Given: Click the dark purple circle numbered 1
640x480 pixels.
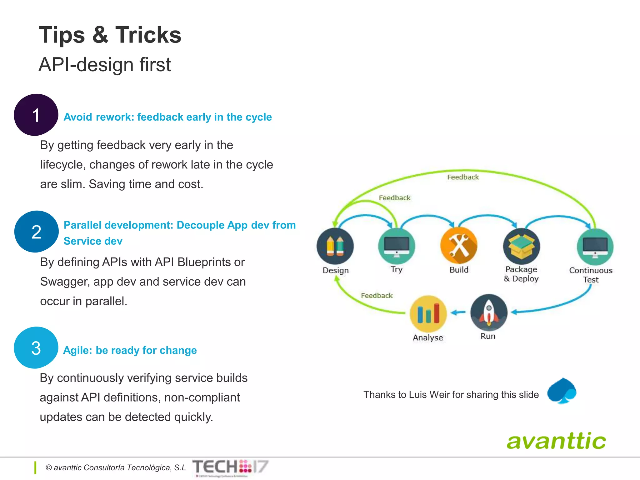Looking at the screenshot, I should coord(36,115).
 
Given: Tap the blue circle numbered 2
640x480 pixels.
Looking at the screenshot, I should coord(36,232).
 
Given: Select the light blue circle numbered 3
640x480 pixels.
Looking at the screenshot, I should coord(36,347).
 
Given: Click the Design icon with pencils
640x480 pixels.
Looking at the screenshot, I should coord(335,246).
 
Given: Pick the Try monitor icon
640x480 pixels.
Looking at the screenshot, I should coord(397,246).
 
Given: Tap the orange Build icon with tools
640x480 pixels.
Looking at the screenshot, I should coord(459,246).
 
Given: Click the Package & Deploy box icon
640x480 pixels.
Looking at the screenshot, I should coord(521,246).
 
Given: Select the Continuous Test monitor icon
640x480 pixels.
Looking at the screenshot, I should coord(595,247).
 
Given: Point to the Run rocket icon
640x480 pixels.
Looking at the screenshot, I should coord(489,312).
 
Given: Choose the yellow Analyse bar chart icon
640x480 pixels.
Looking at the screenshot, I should coord(428,313).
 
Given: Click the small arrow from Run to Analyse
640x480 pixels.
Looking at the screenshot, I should coord(458,312).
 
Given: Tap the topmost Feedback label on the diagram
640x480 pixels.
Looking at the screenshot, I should coord(463,177).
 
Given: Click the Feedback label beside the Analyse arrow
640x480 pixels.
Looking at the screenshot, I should coord(377,296).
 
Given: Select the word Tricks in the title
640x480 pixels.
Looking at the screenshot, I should coord(148,35).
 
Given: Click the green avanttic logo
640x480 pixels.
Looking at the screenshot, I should coord(556,441).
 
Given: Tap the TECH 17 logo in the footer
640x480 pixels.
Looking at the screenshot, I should coord(230,467).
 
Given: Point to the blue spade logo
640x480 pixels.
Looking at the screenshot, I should coord(562,391).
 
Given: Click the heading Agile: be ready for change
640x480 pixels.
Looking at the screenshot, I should coord(130,350).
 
